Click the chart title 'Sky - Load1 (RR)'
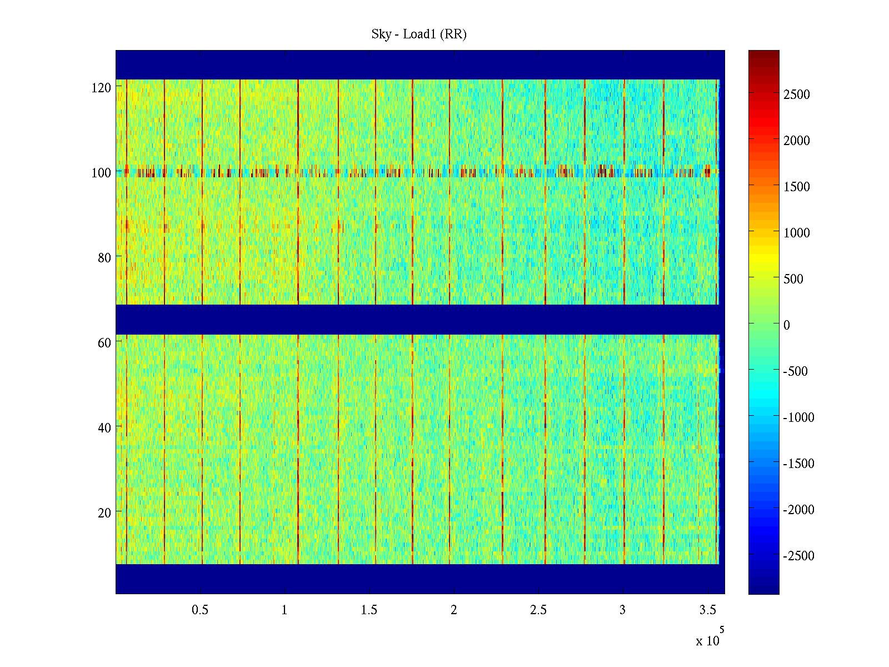point(419,34)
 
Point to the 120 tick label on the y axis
point(101,87)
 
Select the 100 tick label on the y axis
point(101,172)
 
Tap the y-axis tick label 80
point(104,257)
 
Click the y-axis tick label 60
point(104,342)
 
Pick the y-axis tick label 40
point(104,427)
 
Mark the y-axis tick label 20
point(104,512)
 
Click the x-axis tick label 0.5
point(200,610)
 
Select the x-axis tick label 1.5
point(369,610)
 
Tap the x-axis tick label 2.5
point(538,610)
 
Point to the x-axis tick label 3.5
point(707,610)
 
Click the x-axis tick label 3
point(622,610)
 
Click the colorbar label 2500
point(797,94)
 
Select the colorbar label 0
point(786,325)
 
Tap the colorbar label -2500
point(798,556)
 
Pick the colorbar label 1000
point(797,233)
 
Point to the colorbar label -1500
point(798,464)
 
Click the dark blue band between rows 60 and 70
point(420,319)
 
